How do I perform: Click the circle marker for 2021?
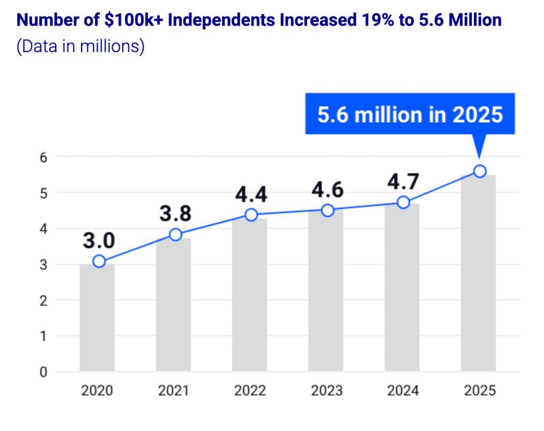pos(175,234)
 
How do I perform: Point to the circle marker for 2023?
pos(328,210)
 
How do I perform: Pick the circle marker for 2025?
pos(480,171)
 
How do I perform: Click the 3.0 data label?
pos(99,241)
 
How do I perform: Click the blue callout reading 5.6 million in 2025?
pos(410,114)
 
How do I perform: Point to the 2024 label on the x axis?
pos(403,391)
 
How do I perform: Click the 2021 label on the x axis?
pos(174,391)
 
